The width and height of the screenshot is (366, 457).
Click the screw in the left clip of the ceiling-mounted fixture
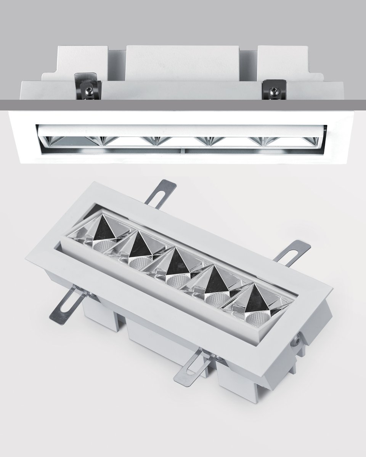coord(88,90)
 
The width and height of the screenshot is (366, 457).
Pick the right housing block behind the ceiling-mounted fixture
coord(282,61)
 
